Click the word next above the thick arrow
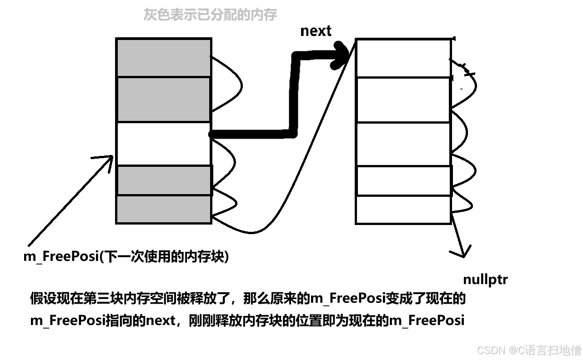click(x=316, y=31)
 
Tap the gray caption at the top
click(x=210, y=15)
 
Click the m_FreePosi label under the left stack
click(x=126, y=256)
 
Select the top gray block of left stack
click(x=164, y=58)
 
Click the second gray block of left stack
click(x=164, y=99)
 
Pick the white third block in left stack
click(x=164, y=144)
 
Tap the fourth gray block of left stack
click(x=164, y=180)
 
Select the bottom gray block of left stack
click(x=164, y=209)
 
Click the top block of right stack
click(x=403, y=58)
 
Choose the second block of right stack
click(x=403, y=100)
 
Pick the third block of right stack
click(x=403, y=144)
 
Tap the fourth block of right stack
click(x=403, y=181)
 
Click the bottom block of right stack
click(x=403, y=209)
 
